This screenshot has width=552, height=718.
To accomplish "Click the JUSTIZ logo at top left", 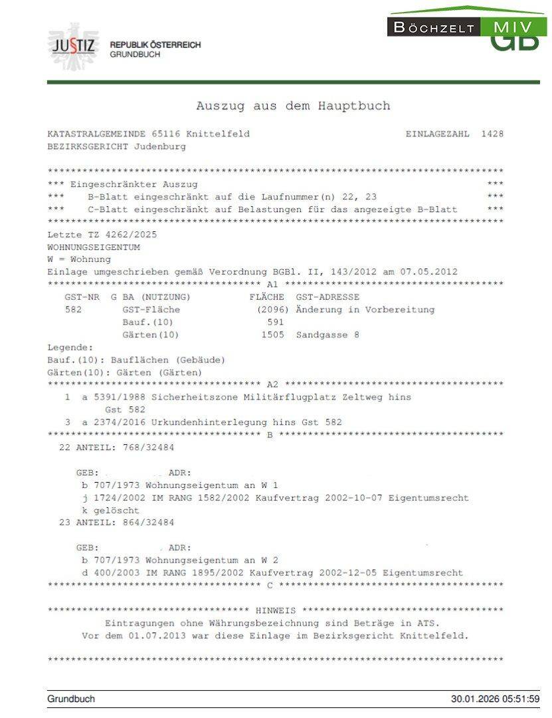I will coord(73,47).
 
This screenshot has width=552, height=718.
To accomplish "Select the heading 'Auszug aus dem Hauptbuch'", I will coord(293,106).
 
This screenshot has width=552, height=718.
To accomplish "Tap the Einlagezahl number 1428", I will coord(492,134).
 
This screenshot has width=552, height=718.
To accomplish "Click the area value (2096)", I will coord(272,310).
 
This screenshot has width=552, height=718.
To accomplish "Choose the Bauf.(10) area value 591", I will coord(275,322).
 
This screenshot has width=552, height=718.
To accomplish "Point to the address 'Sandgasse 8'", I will coord(327,335).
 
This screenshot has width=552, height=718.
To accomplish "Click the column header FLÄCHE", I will coord(266,297).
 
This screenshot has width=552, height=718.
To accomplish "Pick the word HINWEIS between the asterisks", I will coord(276,610).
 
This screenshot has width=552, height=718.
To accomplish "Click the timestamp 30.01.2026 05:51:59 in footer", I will coord(495,699).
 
